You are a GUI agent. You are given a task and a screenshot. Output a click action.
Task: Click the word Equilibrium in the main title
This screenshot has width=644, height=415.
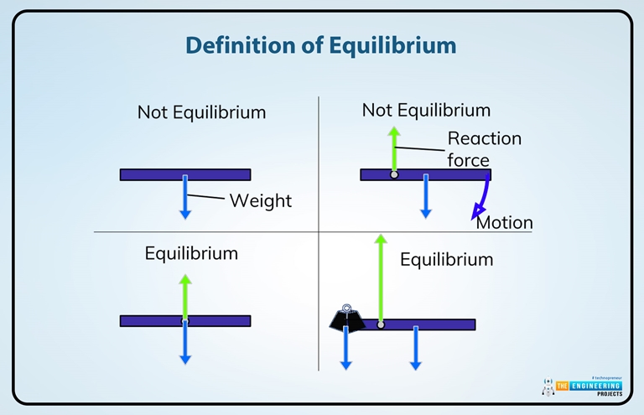[x=391, y=45]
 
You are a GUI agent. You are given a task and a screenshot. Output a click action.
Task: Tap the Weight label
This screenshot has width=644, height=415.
[x=260, y=200]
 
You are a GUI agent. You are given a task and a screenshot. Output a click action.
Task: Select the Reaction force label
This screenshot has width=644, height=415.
[x=483, y=148]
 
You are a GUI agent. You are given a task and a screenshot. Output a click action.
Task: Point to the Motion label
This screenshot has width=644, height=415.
[x=504, y=223]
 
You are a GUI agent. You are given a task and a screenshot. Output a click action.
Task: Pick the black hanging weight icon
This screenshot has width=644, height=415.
[x=345, y=315]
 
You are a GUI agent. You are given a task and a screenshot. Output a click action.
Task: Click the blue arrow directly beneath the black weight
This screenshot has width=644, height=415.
[x=345, y=348]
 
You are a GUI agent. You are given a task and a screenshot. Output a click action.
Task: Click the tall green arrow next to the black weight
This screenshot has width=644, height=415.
[x=380, y=277]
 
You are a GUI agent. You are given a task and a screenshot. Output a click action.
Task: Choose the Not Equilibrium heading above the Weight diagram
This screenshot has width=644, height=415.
[x=201, y=112]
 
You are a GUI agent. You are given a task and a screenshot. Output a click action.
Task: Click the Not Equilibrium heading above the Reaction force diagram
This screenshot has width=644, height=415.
[x=426, y=110]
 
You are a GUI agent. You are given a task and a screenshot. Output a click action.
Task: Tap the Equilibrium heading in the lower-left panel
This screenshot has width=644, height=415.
[x=191, y=253]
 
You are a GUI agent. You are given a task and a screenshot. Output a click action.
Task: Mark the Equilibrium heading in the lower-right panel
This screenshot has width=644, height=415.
[x=446, y=260]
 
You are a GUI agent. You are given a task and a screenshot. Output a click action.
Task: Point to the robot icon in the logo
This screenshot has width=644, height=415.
[x=548, y=386]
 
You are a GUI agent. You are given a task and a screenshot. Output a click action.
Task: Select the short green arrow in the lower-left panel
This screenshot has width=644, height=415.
[x=185, y=295]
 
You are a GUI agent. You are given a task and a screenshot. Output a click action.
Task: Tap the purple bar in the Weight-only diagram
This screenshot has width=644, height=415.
[x=151, y=174]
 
